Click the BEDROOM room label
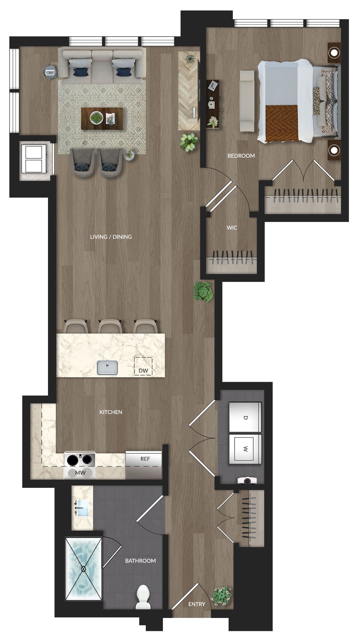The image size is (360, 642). pyautogui.click(x=241, y=156)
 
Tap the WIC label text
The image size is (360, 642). pyautogui.click(x=232, y=228)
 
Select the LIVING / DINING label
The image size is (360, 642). pyautogui.click(x=111, y=237)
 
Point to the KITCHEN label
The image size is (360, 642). pyautogui.click(x=111, y=412)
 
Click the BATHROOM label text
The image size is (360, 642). pyautogui.click(x=140, y=561)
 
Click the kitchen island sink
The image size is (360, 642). pyautogui.click(x=107, y=368)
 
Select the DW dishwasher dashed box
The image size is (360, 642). pyautogui.click(x=143, y=366)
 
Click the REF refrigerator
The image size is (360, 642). pyautogui.click(x=144, y=465)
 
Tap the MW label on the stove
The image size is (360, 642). pyautogui.click(x=80, y=473)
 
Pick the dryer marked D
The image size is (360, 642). pyautogui.click(x=245, y=417)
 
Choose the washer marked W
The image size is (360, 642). pyautogui.click(x=245, y=449)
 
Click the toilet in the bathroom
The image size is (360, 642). pyautogui.click(x=143, y=597)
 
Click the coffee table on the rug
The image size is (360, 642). pyautogui.click(x=102, y=119)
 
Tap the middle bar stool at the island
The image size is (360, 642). pyautogui.click(x=110, y=327)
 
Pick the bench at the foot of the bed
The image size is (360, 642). pyautogui.click(x=247, y=101)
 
